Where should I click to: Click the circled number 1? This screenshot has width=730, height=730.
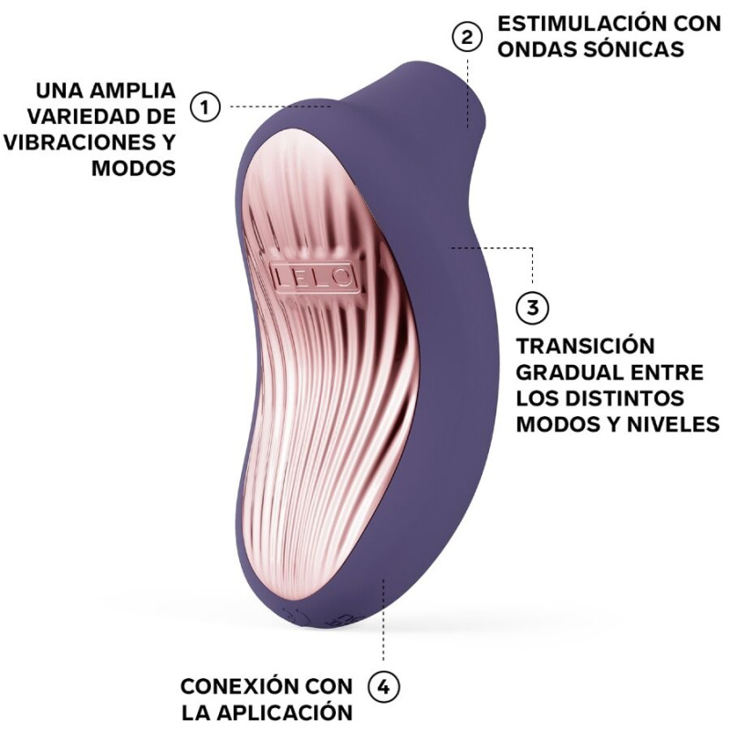205,107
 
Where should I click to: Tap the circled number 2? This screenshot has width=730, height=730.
467,37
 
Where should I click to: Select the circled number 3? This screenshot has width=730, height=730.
533,308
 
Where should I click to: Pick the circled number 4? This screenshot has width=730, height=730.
383,686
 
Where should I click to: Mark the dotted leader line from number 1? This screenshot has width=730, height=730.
274,107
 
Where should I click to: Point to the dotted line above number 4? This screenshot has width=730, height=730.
383,630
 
